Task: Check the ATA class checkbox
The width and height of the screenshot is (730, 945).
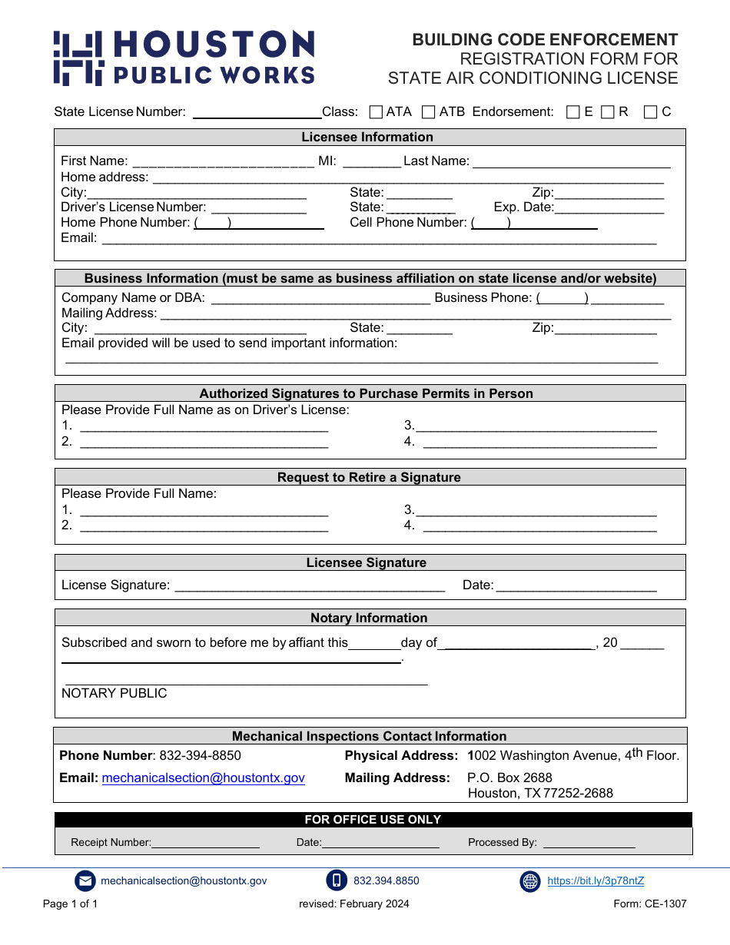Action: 376,112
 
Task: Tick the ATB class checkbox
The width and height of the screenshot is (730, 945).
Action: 429,112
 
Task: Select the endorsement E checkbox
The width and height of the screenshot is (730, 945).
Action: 572,112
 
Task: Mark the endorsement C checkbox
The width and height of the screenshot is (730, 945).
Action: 650,112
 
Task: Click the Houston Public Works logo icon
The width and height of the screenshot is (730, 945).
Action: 78,58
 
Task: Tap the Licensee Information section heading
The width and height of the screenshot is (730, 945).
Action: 367,138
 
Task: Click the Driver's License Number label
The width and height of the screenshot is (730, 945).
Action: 133,207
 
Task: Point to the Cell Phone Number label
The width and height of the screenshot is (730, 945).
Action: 408,223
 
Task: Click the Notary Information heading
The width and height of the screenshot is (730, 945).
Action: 369,618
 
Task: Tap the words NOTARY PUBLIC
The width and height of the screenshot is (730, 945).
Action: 114,694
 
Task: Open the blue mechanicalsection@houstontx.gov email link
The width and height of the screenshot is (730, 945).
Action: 203,778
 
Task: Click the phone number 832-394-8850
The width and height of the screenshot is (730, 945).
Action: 200,756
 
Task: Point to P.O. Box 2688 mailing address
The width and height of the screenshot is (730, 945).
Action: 509,778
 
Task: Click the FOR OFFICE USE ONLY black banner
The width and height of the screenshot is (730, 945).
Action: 373,820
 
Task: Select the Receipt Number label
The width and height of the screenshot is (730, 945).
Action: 111,843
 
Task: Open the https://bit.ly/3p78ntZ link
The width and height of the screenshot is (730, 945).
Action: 596,881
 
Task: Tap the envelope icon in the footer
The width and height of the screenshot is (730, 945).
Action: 85,881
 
